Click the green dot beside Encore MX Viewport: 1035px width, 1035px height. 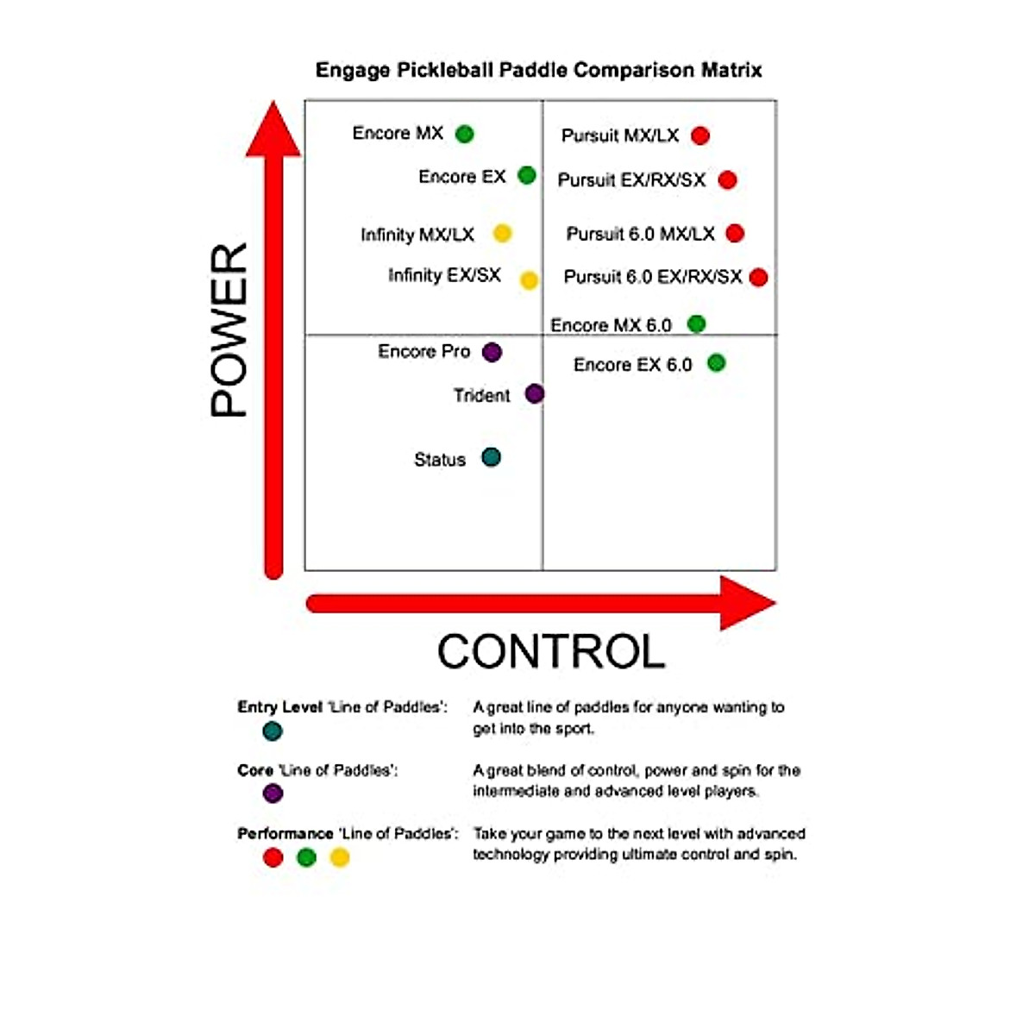464,134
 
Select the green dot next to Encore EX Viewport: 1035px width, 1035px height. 527,176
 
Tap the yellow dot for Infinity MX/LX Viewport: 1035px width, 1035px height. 502,233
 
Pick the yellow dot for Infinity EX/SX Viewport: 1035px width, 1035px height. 529,279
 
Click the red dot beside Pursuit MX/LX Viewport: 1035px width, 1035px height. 700,135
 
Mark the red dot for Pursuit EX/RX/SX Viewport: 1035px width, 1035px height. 727,179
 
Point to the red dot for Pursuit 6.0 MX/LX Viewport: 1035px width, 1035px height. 735,233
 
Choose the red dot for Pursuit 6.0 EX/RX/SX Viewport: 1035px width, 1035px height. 759,277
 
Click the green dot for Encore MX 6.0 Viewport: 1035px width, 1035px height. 696,323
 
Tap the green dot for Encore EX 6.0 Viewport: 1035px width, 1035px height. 716,363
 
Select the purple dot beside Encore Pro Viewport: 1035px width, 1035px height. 492,352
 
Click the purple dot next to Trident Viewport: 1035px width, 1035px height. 535,394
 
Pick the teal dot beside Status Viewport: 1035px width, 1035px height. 491,457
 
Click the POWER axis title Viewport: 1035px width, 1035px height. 229,330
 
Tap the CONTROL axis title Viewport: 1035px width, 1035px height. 550,651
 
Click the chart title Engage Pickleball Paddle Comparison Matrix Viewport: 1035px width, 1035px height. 538,70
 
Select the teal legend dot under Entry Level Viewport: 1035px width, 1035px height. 273,731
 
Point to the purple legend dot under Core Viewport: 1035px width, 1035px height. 273,793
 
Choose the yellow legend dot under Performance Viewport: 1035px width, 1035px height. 340,857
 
